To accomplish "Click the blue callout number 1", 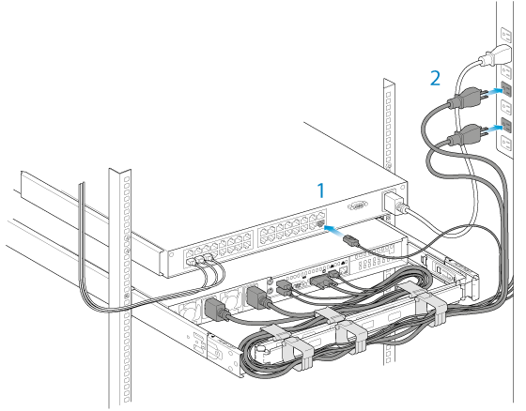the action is pyautogui.click(x=321, y=190).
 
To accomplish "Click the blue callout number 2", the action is pyautogui.click(x=435, y=79).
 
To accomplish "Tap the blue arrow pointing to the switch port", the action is pyautogui.click(x=333, y=230).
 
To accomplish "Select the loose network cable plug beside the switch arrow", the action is pyautogui.click(x=351, y=240).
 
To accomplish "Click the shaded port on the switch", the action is pyautogui.click(x=320, y=223).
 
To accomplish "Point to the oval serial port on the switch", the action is pyautogui.click(x=356, y=205).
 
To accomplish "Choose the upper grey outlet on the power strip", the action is pyautogui.click(x=506, y=89).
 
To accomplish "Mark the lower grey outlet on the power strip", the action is pyautogui.click(x=506, y=126).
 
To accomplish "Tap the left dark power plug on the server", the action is pyautogui.click(x=216, y=309).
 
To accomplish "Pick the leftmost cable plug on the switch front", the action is pyautogui.click(x=191, y=260).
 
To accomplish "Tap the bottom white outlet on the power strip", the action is pyautogui.click(x=506, y=144).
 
